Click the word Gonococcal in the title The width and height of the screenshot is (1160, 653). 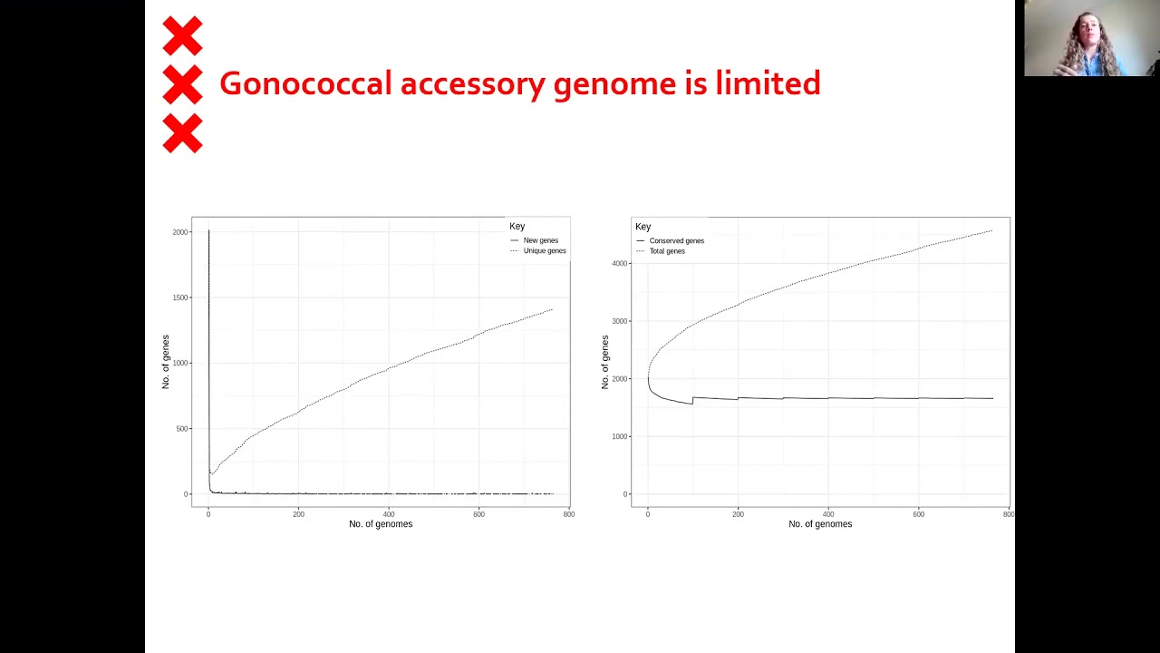click(x=305, y=83)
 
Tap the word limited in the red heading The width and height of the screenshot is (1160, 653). click(x=768, y=83)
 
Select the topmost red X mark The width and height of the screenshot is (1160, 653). click(x=182, y=36)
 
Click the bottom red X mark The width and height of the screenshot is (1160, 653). click(x=182, y=133)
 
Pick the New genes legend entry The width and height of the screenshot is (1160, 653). click(x=540, y=240)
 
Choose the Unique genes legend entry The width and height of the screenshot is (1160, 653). click(x=544, y=251)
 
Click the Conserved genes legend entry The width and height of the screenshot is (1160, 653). click(x=676, y=241)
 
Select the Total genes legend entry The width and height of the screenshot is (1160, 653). click(x=667, y=251)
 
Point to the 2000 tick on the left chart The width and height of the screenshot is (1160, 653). click(x=180, y=232)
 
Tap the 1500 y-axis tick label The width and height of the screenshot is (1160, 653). click(x=180, y=297)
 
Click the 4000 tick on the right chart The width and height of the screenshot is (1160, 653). click(x=620, y=264)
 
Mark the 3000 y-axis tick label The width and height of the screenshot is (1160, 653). click(x=620, y=321)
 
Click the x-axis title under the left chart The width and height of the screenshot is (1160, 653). click(x=381, y=524)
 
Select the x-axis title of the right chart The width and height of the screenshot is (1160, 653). click(x=820, y=524)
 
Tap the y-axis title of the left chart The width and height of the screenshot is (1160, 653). click(x=166, y=362)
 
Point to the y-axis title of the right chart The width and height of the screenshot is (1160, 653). click(x=605, y=362)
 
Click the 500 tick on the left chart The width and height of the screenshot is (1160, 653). click(x=182, y=429)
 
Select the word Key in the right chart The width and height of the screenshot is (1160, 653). click(x=643, y=227)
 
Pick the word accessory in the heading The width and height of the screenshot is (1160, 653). click(x=473, y=83)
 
